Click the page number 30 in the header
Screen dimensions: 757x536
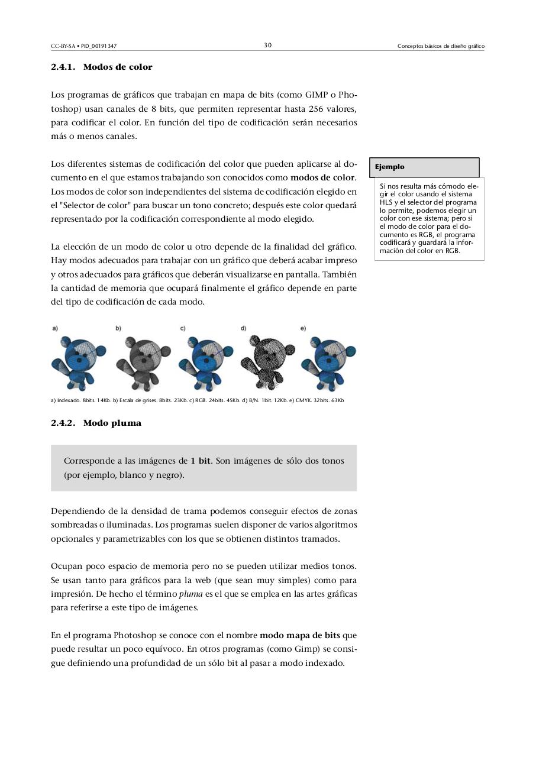click(267, 46)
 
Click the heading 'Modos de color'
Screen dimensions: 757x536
click(118, 67)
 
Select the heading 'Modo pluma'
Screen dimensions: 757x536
click(112, 423)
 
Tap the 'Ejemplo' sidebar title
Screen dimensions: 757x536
click(390, 167)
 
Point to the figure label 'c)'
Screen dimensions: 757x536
click(183, 328)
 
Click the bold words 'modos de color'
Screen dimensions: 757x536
click(322, 177)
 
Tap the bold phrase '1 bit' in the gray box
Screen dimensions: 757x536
click(201, 461)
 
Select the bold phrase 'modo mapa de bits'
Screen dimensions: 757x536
click(299, 635)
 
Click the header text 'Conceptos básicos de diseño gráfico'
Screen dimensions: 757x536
click(441, 46)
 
